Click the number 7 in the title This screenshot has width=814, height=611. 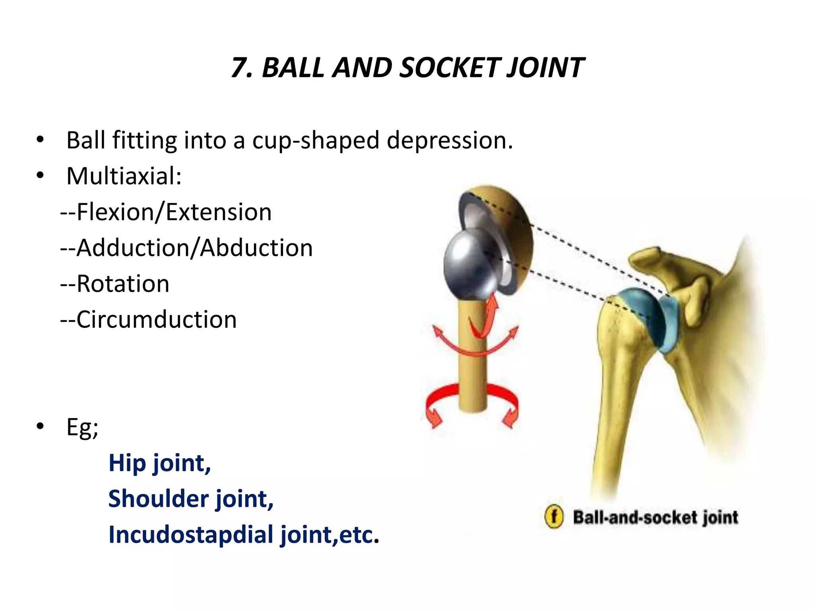pos(240,68)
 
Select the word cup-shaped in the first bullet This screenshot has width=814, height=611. pos(316,141)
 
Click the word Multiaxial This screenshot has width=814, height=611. pos(123,176)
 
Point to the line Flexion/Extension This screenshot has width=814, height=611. pos(166,212)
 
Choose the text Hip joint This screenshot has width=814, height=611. pos(159,463)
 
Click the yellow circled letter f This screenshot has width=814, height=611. pos(554,518)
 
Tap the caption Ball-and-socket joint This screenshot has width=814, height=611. pos(655,518)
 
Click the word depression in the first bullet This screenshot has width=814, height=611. pos(449,141)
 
